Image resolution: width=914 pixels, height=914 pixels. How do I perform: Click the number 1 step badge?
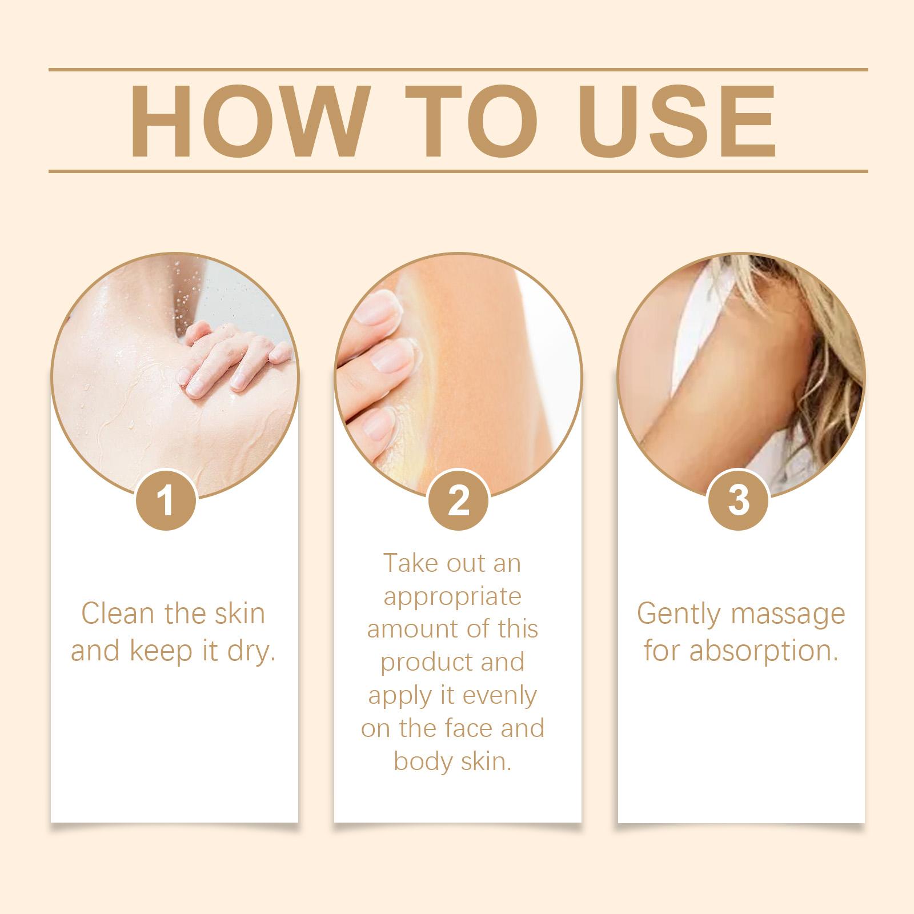(x=167, y=501)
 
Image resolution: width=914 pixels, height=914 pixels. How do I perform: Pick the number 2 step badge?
(x=458, y=501)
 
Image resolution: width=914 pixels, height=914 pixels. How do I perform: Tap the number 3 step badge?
(x=739, y=501)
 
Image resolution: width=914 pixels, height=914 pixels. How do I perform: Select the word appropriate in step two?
(x=452, y=598)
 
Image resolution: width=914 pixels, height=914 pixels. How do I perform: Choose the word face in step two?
(x=472, y=729)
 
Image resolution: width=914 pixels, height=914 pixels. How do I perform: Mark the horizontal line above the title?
(x=458, y=70)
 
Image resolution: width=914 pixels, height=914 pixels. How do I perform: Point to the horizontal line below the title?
(x=458, y=171)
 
